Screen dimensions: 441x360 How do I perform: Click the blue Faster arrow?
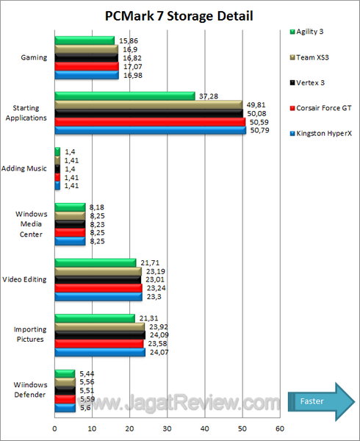[x=321, y=401]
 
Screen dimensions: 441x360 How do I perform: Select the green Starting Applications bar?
[x=125, y=96]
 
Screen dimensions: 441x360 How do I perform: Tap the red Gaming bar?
[x=87, y=66]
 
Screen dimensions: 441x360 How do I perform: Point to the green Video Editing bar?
[x=96, y=262]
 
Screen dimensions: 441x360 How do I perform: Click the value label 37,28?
[x=208, y=96]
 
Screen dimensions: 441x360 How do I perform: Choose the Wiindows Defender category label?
[x=30, y=389]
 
